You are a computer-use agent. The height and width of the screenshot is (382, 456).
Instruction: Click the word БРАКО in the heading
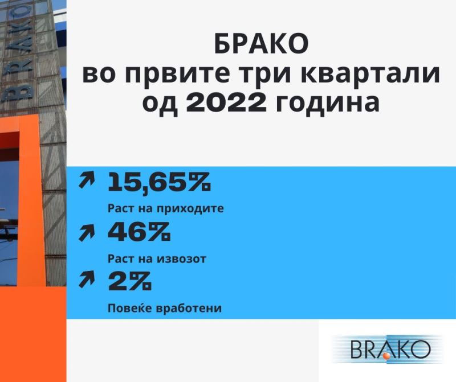tap(261, 44)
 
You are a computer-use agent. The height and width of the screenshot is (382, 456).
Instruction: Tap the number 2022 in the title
tap(226, 103)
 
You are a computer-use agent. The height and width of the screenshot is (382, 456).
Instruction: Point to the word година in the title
tap(327, 104)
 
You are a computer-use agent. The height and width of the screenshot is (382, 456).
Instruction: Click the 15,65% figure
tap(159, 182)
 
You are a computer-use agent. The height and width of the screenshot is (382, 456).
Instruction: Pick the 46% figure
tap(139, 232)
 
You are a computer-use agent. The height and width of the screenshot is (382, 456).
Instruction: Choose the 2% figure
tap(130, 281)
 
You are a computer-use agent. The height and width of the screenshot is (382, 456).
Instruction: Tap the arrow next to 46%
tap(87, 233)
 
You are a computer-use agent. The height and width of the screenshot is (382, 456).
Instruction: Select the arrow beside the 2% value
tap(87, 279)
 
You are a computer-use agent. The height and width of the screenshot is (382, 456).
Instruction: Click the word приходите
tap(191, 209)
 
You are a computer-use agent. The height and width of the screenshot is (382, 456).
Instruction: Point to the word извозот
tap(181, 259)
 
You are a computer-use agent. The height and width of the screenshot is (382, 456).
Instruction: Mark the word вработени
tap(189, 308)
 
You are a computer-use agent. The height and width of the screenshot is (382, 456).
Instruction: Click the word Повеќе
tap(131, 308)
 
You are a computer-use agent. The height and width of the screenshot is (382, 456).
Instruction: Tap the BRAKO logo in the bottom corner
tap(388, 349)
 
